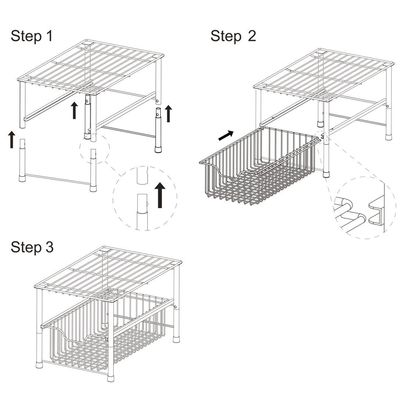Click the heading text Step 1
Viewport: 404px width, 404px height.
pyautogui.click(x=32, y=36)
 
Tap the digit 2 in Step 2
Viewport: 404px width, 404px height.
pyautogui.click(x=252, y=36)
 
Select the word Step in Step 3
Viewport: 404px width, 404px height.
pyautogui.click(x=26, y=247)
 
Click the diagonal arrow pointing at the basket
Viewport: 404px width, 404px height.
pyautogui.click(x=226, y=136)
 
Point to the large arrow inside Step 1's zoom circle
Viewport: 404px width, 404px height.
pyautogui.click(x=160, y=195)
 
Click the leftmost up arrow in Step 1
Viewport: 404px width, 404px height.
pyautogui.click(x=12, y=140)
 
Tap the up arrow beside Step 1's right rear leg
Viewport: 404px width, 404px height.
pyautogui.click(x=168, y=113)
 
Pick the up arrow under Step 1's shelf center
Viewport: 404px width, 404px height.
pyautogui.click(x=74, y=110)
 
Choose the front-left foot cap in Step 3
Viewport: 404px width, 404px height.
pyautogui.click(x=39, y=365)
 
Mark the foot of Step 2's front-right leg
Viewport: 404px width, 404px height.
pyautogui.click(x=327, y=174)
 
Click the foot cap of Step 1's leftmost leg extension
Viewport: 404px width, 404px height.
pyautogui.click(x=22, y=179)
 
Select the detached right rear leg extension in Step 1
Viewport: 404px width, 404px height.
pyautogui.click(x=158, y=130)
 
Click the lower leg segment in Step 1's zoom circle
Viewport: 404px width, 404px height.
pyautogui.click(x=142, y=212)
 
